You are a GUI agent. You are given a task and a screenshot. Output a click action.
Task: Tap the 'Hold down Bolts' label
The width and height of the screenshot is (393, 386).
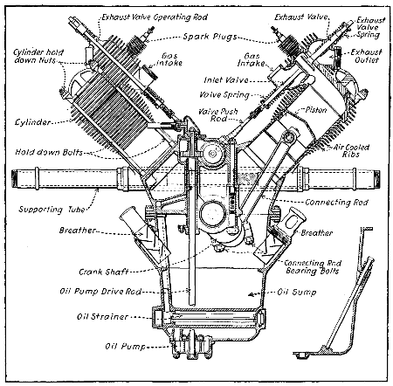pyautogui.click(x=42, y=152)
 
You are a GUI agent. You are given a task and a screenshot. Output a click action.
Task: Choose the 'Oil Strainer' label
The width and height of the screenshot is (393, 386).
pyautogui.click(x=100, y=316)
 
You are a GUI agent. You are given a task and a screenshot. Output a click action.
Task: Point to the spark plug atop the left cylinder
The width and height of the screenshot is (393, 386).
pyautogui.click(x=132, y=38)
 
